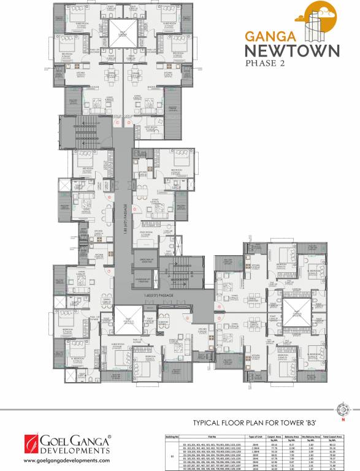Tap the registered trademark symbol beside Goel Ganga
[109, 437]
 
